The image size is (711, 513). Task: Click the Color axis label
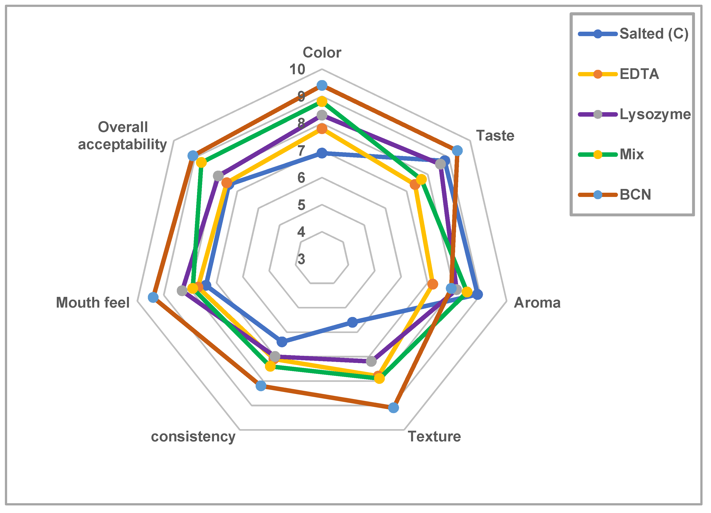[x=322, y=52]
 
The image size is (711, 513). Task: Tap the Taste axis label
[x=495, y=136]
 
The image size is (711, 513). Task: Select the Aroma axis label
[x=537, y=303]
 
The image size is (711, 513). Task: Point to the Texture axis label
[x=434, y=436]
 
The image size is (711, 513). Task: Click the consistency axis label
[x=193, y=436]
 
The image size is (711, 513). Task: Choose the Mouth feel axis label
[x=93, y=303]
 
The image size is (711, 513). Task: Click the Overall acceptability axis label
[x=122, y=136]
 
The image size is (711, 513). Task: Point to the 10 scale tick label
[x=297, y=69]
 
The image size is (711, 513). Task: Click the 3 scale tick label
[x=301, y=259]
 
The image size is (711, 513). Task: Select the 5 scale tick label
[x=301, y=205]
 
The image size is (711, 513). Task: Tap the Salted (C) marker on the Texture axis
[x=353, y=322]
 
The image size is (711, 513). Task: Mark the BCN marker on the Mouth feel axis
[x=153, y=297]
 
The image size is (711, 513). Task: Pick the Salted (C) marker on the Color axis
[x=322, y=153]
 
